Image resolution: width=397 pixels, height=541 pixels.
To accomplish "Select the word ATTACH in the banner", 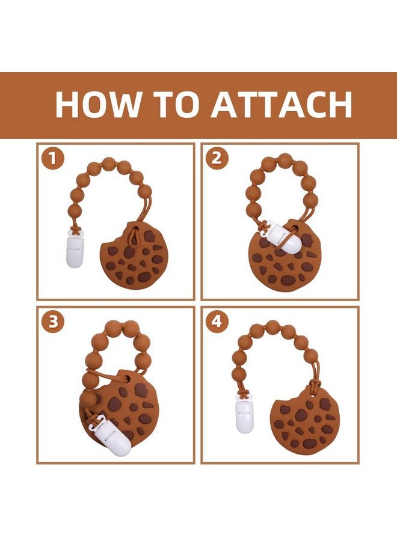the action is [x=282, y=104].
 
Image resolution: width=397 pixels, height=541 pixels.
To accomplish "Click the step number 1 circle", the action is [x=52, y=159].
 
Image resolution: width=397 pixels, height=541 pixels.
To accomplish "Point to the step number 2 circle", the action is [x=216, y=158].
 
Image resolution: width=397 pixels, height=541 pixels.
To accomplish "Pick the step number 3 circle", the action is [x=52, y=322].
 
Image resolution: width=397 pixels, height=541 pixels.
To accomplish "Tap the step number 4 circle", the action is [x=216, y=322].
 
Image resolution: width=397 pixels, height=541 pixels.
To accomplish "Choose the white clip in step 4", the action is [x=244, y=416].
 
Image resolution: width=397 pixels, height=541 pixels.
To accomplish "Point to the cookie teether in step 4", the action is [x=304, y=421].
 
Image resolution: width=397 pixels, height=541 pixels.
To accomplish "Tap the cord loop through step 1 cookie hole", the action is [x=135, y=236].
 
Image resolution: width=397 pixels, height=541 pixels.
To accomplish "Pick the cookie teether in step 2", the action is [x=285, y=256].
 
